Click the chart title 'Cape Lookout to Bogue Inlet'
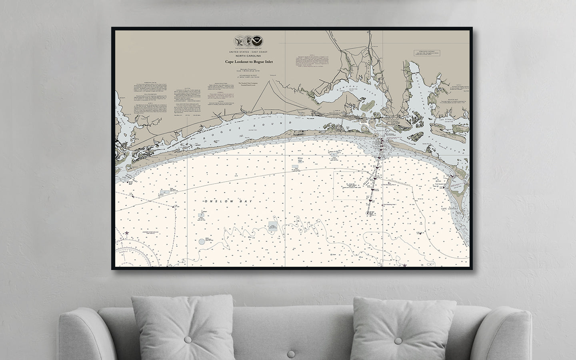coord(254,62)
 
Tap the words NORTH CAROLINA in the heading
coord(254,56)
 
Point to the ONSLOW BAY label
coord(228,202)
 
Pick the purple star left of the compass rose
coord(127,233)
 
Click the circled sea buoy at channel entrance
coord(367,213)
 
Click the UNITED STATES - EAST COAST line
coord(254,52)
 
